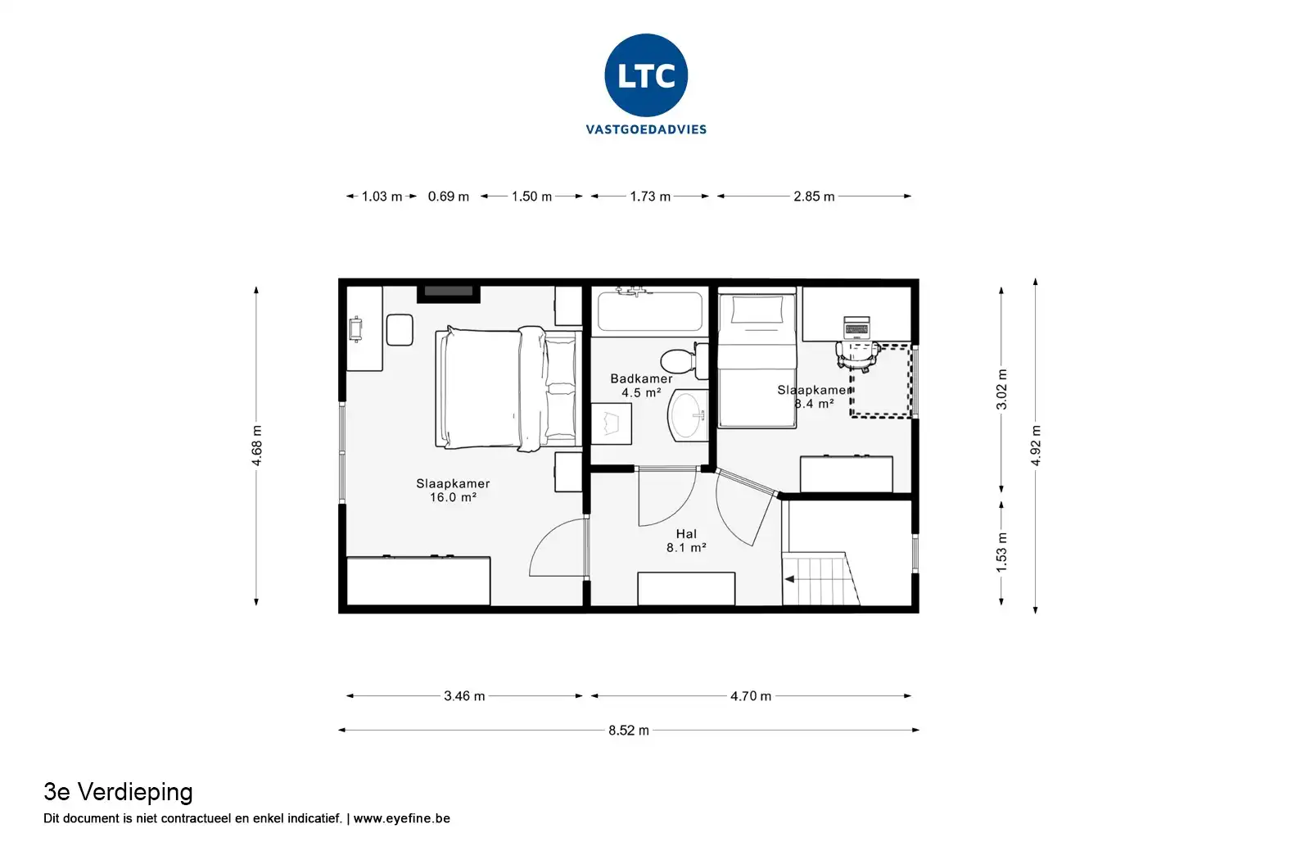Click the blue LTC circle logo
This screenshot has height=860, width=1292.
(646, 75)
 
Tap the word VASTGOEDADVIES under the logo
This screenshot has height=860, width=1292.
(646, 129)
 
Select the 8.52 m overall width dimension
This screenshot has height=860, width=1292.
(629, 730)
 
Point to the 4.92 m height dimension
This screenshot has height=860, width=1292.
(1036, 446)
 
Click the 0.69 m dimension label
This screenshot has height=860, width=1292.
(448, 197)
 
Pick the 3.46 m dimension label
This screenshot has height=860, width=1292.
(464, 696)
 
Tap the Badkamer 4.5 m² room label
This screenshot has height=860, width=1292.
(641, 386)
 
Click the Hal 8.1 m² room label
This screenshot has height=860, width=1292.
(686, 541)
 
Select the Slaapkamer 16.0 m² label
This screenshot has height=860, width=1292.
(453, 490)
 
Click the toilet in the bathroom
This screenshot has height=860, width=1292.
(684, 360)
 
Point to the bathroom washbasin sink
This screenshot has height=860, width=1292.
(688, 415)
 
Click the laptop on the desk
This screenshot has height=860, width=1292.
(856, 328)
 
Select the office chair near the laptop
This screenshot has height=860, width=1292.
(858, 355)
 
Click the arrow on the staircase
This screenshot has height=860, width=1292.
(789, 579)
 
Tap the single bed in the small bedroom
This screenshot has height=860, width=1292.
(757, 359)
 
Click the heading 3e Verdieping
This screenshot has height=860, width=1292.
(118, 793)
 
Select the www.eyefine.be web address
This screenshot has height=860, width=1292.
(401, 818)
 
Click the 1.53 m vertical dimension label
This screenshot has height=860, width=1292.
(1002, 553)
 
